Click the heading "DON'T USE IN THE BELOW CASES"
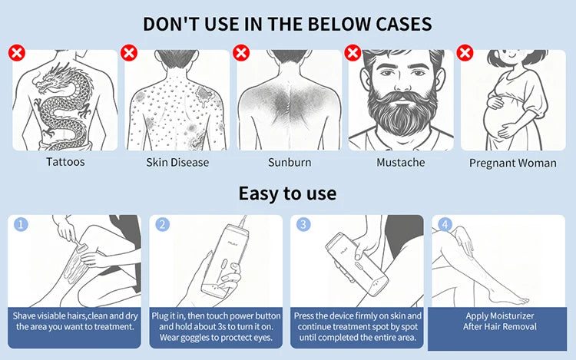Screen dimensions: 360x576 click(288, 23)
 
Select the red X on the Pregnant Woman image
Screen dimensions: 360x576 click(465, 53)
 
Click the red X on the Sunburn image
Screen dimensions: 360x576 click(241, 53)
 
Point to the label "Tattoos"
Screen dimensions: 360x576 click(65, 162)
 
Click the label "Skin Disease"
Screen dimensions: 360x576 click(177, 162)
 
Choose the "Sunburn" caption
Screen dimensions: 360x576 click(290, 162)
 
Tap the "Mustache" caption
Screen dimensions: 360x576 click(401, 162)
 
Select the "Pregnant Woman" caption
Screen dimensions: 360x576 click(513, 163)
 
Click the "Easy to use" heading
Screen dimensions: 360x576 click(287, 193)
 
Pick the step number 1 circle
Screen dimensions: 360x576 click(22, 225)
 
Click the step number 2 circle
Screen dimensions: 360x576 click(162, 225)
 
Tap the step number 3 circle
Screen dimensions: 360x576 click(303, 225)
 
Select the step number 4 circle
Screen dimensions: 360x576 click(443, 225)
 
